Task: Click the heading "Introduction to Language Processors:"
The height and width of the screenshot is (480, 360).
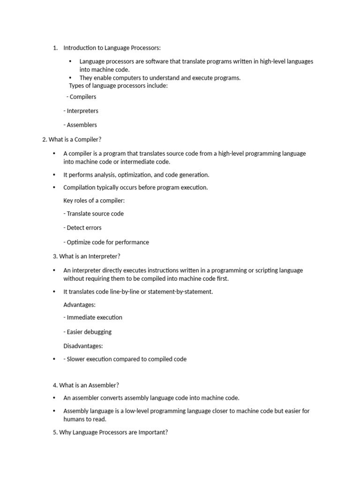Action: pyautogui.click(x=112, y=48)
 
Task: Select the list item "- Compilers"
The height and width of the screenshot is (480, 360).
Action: pyautogui.click(x=82, y=97)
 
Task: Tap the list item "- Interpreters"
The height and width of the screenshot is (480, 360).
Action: pyautogui.click(x=81, y=111)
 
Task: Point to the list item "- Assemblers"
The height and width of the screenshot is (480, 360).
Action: pyautogui.click(x=80, y=125)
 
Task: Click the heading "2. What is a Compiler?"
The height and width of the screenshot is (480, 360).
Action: pyautogui.click(x=72, y=140)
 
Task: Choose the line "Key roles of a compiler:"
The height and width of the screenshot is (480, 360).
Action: pyautogui.click(x=94, y=201)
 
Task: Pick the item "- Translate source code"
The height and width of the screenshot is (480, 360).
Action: pyautogui.click(x=94, y=214)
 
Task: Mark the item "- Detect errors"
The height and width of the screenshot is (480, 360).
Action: pyautogui.click(x=82, y=228)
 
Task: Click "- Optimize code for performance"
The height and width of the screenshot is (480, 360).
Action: pyautogui.click(x=106, y=242)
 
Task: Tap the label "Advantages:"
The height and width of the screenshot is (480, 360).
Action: pyautogui.click(x=80, y=305)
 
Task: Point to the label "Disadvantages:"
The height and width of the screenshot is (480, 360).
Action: pyautogui.click(x=83, y=346)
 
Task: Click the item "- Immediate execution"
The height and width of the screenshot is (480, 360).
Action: pyautogui.click(x=93, y=317)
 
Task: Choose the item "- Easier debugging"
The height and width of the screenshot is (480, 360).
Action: pyautogui.click(x=88, y=332)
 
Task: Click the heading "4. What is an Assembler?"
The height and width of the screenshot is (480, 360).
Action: pyautogui.click(x=86, y=385)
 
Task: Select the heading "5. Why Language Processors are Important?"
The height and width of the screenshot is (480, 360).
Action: pyautogui.click(x=111, y=433)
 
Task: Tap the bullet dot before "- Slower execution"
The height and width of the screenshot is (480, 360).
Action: pyautogui.click(x=54, y=360)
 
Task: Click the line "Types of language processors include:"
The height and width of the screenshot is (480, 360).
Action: pyautogui.click(x=118, y=86)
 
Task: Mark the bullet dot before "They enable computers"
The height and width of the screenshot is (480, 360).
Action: pyautogui.click(x=70, y=78)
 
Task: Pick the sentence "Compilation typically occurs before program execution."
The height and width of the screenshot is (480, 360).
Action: pyautogui.click(x=135, y=187)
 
